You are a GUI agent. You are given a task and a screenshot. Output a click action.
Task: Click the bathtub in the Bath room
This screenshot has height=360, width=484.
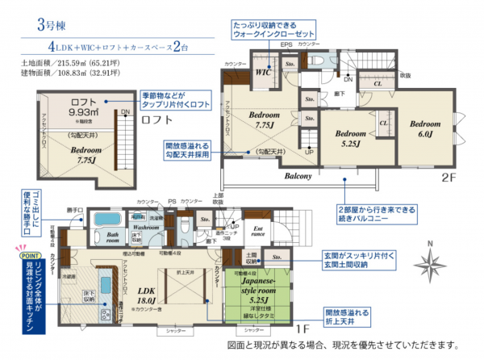coord(105,220)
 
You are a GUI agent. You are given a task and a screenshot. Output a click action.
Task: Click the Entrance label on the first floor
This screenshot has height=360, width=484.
coord(259,233)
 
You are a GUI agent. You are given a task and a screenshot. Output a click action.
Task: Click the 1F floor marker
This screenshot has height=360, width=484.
coord(302,331)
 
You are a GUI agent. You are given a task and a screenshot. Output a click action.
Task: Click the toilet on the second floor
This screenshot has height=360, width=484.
coord(317,61)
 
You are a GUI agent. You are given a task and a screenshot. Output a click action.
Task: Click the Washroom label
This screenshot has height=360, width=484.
coord(147,228)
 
